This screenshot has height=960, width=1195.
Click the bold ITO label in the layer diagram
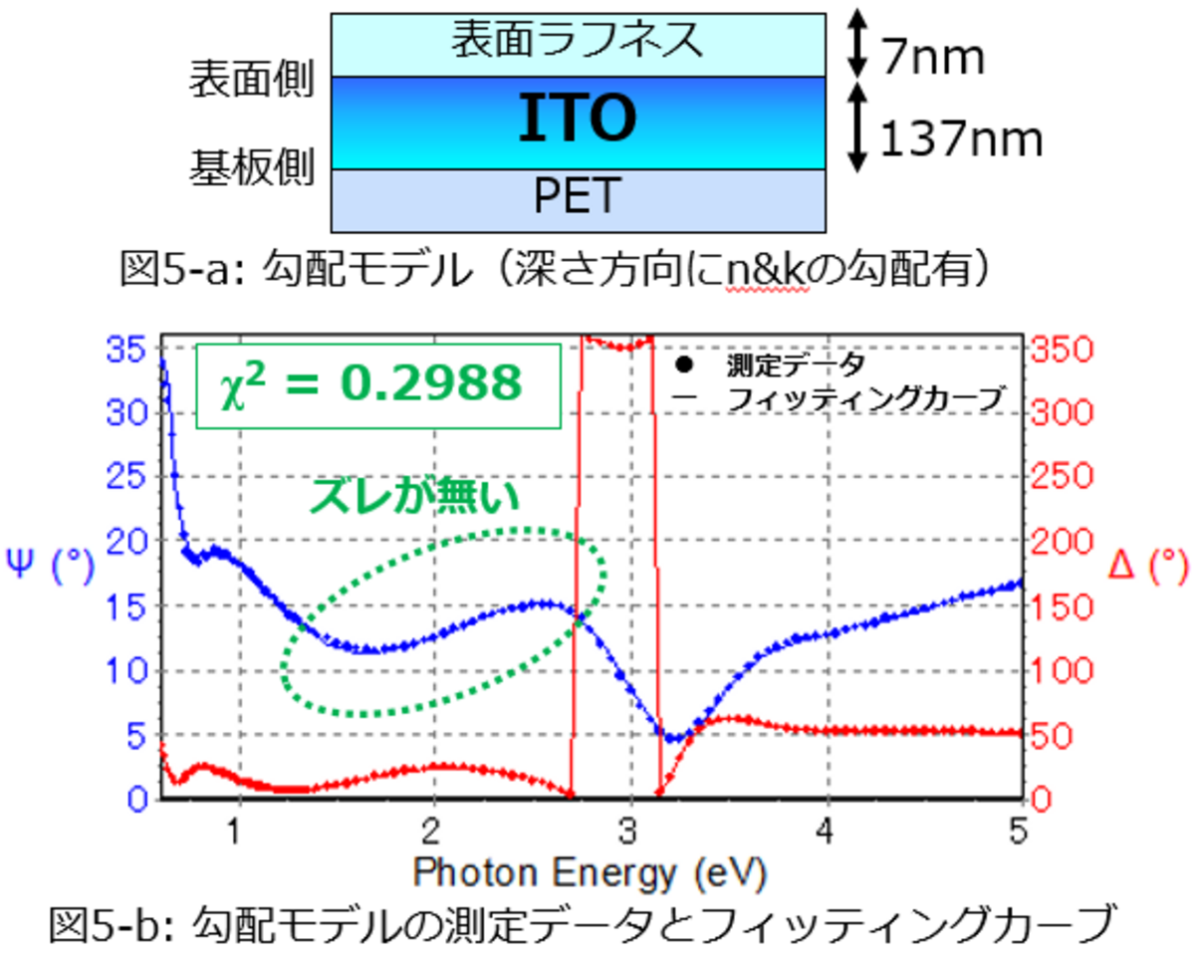578,120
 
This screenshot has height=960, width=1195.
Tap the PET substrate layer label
578,197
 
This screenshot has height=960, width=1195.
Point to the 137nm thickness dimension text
960,140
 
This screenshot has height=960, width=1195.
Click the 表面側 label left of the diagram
252,81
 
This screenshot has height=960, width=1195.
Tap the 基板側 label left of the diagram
252,170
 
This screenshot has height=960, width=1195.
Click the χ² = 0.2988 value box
378,384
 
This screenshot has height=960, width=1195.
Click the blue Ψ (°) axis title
50,569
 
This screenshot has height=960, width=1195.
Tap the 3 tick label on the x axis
628,830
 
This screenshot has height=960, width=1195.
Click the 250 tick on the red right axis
1058,477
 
